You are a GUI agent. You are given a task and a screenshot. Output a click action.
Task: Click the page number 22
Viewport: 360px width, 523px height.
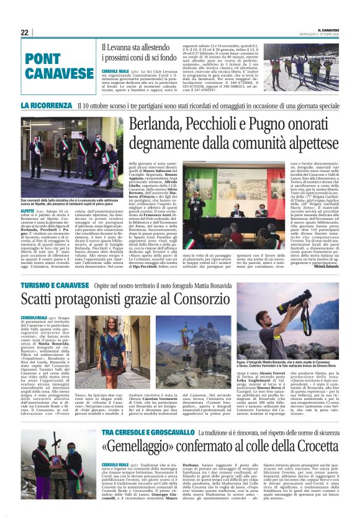pos(24,32)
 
